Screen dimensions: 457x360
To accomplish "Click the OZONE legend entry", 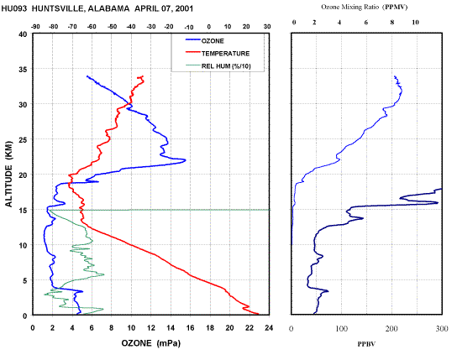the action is click(205, 41).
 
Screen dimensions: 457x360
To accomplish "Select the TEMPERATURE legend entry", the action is click(218, 53).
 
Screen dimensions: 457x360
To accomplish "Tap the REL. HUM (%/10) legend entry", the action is click(218, 66).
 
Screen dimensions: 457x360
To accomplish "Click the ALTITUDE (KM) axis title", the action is click(9, 175).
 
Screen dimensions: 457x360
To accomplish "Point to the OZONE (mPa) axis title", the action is click(151, 343).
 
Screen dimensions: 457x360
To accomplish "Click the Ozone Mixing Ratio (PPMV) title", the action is click(365, 7).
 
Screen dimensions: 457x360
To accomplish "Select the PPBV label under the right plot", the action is click(366, 344).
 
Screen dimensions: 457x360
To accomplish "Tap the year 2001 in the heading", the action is click(184, 8).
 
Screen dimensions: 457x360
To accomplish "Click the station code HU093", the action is click(14, 8).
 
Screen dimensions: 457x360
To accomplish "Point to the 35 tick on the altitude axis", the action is click(23, 70).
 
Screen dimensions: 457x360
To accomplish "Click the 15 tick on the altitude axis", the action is click(23, 210).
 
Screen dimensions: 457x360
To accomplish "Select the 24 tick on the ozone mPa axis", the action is click(269, 328).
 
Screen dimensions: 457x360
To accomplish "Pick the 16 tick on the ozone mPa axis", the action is click(190, 328).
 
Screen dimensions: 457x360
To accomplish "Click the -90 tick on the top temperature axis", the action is click(35, 27).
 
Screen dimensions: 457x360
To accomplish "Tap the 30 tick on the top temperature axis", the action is click(267, 27).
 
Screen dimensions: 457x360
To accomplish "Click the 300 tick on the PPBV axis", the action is click(442, 329).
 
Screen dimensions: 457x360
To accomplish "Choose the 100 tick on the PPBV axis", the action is click(342, 329).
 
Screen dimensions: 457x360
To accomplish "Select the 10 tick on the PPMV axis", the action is click(415, 23).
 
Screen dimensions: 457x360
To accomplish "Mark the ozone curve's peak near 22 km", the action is click(185, 159).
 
